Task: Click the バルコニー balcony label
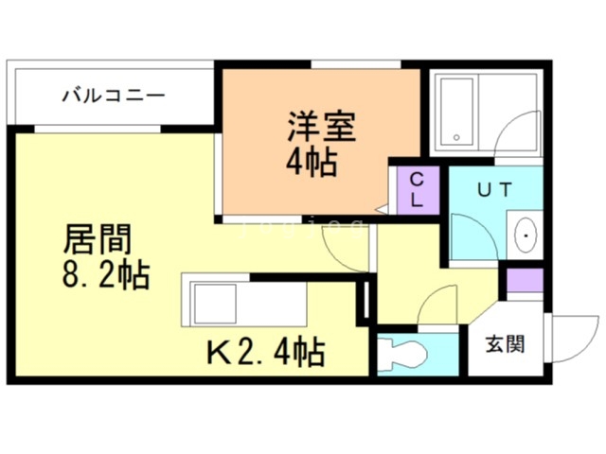pyautogui.click(x=115, y=96)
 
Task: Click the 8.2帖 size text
pyautogui.click(x=105, y=277)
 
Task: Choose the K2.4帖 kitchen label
pyautogui.click(x=266, y=353)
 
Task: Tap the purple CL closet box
pyautogui.click(x=417, y=191)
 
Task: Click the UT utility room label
pyautogui.click(x=494, y=189)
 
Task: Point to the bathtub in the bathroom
pyautogui.click(x=458, y=112)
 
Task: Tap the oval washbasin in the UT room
pyautogui.click(x=524, y=234)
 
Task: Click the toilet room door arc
pyautogui.click(x=436, y=307)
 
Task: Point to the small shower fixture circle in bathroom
pyautogui.click(x=460, y=136)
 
